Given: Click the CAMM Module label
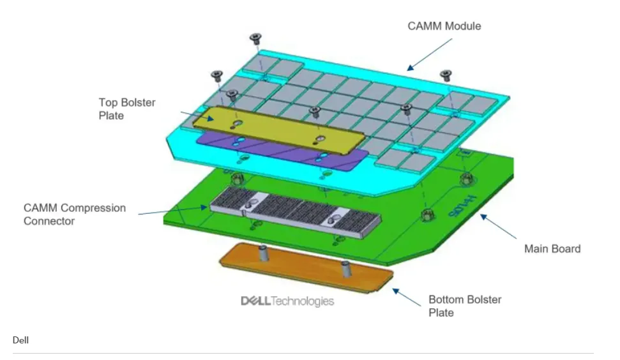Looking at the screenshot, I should (444, 26).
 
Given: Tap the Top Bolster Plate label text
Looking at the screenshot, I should (127, 109).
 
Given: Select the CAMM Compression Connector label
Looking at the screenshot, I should (75, 214).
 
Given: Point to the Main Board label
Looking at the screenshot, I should (552, 248).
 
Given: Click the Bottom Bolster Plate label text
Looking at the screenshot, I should (465, 306).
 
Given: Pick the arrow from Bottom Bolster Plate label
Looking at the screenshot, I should (405, 296).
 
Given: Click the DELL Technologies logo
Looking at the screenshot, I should (287, 301).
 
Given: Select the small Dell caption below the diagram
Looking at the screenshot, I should (20, 340).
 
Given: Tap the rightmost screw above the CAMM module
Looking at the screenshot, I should (446, 75).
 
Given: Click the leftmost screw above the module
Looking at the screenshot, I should (216, 75).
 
